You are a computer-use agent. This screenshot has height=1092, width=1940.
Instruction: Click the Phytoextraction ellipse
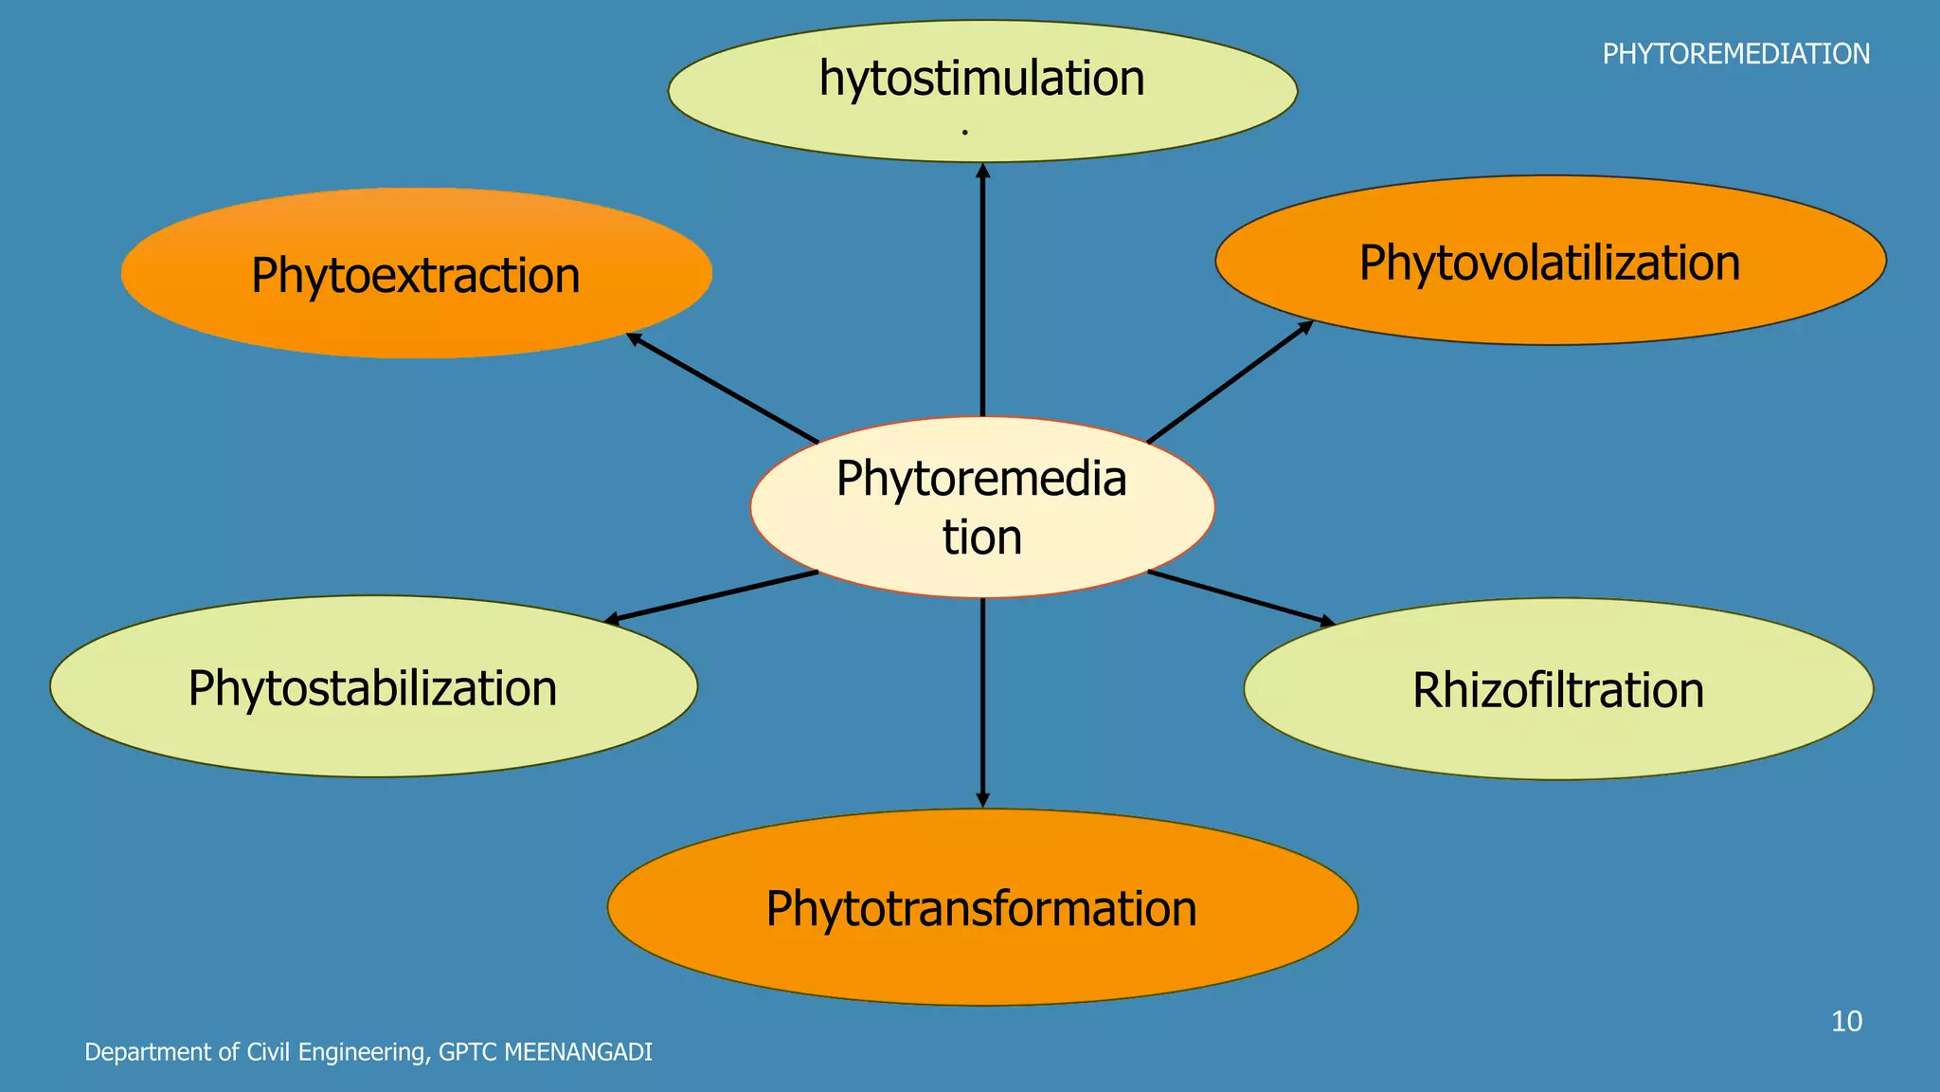[x=416, y=274]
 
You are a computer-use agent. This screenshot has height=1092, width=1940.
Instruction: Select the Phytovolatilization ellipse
[x=1550, y=261]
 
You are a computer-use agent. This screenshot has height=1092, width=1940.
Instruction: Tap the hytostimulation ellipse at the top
[x=982, y=90]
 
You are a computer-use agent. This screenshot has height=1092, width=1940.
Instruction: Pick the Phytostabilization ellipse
[x=373, y=687]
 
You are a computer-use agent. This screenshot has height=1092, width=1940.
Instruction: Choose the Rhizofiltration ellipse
[x=1558, y=689]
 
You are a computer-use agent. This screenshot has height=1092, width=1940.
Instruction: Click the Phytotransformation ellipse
[x=982, y=907]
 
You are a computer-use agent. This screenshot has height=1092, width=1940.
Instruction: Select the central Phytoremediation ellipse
[x=982, y=507]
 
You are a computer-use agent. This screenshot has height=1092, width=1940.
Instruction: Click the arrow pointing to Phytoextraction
[x=722, y=388]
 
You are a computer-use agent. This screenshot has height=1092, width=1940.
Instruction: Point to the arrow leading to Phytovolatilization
[x=1230, y=382]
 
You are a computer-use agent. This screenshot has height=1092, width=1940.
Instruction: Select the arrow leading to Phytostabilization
[x=710, y=597]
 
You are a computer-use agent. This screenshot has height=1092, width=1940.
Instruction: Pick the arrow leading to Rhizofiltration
[x=1241, y=598]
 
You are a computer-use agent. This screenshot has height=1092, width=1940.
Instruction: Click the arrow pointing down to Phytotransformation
[x=982, y=701]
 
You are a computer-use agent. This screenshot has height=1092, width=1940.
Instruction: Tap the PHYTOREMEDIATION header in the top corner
[x=1735, y=54]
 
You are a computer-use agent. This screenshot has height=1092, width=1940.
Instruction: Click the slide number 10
[x=1846, y=1021]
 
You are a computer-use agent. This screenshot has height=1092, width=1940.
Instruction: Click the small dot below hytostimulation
[x=964, y=132]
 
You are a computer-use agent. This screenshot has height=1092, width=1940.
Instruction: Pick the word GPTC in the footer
[x=468, y=1052]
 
